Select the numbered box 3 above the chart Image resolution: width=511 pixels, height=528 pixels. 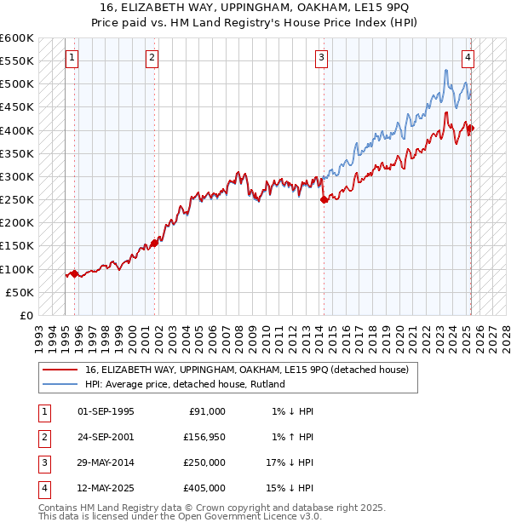coord(322,58)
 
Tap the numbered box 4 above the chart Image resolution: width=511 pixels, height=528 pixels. coord(468,58)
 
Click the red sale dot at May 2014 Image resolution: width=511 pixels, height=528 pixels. coord(324,200)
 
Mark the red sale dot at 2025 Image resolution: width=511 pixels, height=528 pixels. coord(470,129)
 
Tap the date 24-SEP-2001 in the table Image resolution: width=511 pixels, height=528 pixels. coord(106,437)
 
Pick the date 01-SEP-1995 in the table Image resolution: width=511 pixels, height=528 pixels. coord(106,411)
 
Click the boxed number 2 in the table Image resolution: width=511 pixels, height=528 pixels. coord(43,437)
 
